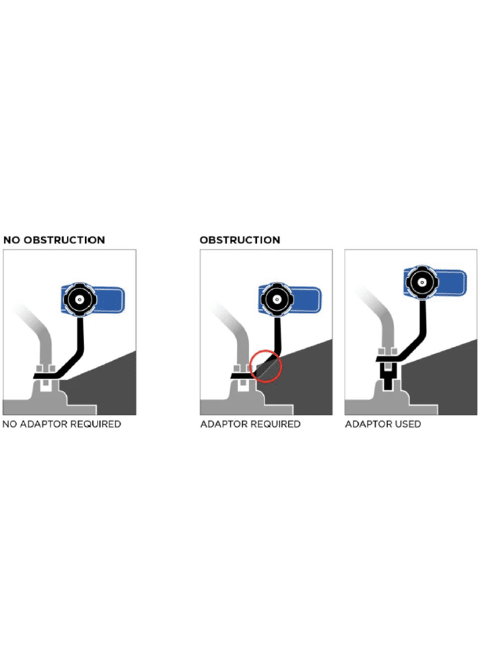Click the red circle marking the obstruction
pos(251,366)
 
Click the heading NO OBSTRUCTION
pos(54,240)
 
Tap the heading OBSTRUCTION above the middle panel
pos(239,240)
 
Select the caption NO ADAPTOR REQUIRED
pos(62,424)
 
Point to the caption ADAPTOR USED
pos(383,424)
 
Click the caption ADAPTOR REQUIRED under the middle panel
pos(250,424)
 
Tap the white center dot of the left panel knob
pos(80,300)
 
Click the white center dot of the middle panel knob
pos(276,300)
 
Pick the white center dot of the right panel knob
pos(421,282)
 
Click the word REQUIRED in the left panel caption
pos(95,424)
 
